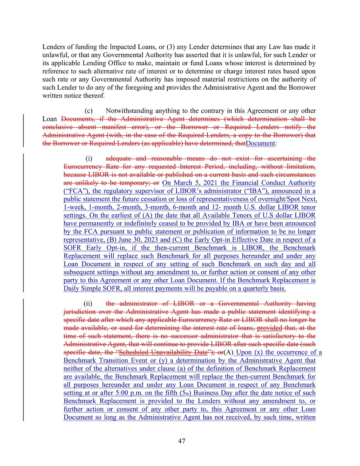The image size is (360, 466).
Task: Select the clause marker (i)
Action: (x=89, y=158)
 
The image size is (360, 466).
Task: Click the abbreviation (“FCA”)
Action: (x=77, y=191)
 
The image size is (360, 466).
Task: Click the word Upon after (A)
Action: (x=245, y=352)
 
